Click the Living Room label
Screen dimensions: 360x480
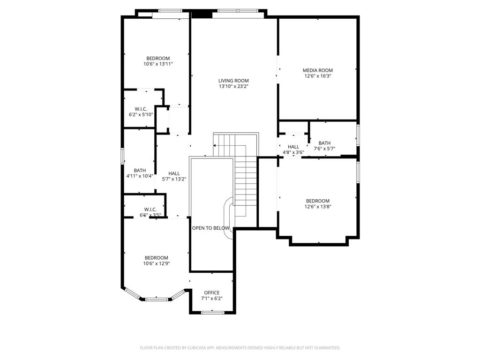(233, 81)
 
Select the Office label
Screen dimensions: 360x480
(211, 293)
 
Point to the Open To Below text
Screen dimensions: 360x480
(211, 228)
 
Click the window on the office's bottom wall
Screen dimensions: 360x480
(212, 312)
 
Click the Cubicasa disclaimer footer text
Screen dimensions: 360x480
(240, 348)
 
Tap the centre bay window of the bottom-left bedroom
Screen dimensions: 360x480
(156, 299)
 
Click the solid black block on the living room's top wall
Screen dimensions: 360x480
(202, 14)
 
